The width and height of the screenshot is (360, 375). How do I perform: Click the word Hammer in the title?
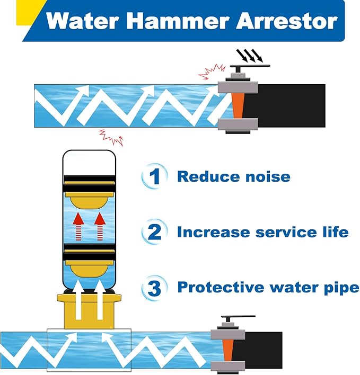pos(178,21)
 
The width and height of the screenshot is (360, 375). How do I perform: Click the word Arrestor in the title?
pos(286,21)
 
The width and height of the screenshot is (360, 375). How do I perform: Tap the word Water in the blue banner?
pos(82,21)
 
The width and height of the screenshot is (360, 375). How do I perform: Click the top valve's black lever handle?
pos(250,66)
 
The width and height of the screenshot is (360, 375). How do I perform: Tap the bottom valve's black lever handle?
pos(238,317)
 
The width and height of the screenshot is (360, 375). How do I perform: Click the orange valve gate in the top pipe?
pos(238,105)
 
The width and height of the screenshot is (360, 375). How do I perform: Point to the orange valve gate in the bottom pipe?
pos(227,350)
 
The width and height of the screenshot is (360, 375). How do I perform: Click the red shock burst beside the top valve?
pos(212,72)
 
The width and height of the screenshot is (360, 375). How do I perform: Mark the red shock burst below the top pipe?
pos(111,137)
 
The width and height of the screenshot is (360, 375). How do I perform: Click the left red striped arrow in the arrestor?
pos(78,227)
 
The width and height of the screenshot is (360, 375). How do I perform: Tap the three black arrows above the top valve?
pos(249,55)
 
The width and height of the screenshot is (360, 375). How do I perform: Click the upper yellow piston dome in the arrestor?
pos(89,202)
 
